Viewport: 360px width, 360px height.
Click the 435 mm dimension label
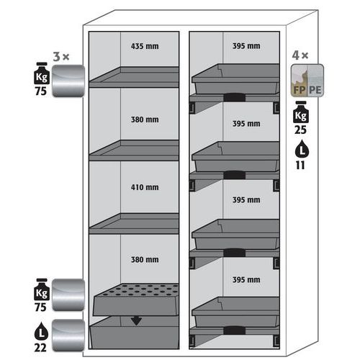click(x=145, y=46)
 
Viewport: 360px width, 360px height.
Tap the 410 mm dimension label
click(x=145, y=187)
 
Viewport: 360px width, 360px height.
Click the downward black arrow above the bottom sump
click(x=136, y=321)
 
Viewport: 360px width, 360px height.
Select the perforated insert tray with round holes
click(x=136, y=300)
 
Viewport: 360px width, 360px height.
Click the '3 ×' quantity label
click(x=61, y=57)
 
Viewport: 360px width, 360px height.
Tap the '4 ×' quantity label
click(x=300, y=55)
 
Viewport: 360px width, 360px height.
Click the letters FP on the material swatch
click(x=299, y=90)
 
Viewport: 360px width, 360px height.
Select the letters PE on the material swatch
click(x=315, y=90)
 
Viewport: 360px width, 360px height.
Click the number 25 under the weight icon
click(x=300, y=130)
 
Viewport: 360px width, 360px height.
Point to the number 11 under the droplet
click(x=300, y=165)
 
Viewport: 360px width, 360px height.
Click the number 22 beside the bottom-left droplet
click(x=40, y=348)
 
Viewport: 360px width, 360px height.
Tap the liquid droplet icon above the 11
click(x=302, y=150)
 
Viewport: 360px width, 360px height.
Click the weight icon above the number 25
click(x=301, y=112)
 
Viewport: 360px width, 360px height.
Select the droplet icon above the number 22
click(x=42, y=332)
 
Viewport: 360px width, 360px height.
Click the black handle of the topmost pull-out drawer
click(x=235, y=97)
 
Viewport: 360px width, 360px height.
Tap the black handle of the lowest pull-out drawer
click(x=235, y=330)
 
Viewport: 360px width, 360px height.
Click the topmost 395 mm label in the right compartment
click(x=246, y=46)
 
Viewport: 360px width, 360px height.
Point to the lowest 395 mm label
click(x=246, y=279)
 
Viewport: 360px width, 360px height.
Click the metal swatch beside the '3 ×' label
click(x=68, y=81)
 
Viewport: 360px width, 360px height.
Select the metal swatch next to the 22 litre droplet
click(x=68, y=335)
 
